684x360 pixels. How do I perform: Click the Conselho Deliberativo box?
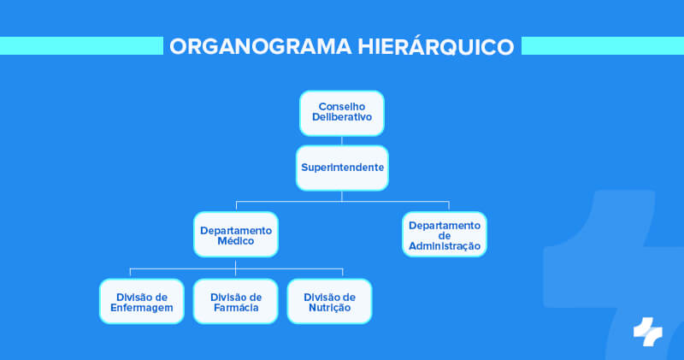(x=342, y=113)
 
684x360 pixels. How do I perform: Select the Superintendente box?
(x=342, y=168)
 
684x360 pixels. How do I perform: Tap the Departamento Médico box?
(x=235, y=235)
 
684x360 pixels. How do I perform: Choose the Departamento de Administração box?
(x=444, y=235)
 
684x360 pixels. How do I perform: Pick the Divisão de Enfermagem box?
(x=142, y=301)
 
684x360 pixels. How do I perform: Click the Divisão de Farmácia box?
(x=235, y=301)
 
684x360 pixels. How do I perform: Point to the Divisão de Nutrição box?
(x=329, y=301)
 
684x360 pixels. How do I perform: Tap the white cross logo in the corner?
(x=647, y=331)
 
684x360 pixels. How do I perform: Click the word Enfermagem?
(x=142, y=308)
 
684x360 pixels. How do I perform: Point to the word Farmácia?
(x=235, y=308)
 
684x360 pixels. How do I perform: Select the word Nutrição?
(x=329, y=308)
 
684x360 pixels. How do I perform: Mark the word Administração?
(x=444, y=246)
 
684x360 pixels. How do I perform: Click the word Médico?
(x=235, y=242)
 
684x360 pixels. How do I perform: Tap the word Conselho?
(x=342, y=107)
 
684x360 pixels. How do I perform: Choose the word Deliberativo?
(x=342, y=118)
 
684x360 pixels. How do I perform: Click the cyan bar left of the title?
(x=81, y=46)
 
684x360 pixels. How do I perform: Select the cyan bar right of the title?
(x=602, y=46)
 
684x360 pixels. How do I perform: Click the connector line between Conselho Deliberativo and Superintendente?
(x=342, y=140)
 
